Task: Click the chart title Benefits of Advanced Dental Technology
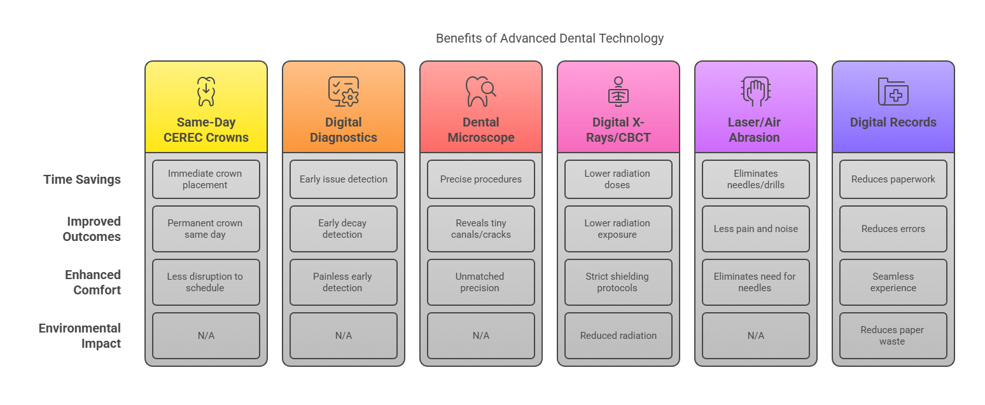(550, 38)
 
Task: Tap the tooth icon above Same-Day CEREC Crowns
(206, 92)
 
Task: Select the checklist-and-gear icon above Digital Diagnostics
(344, 92)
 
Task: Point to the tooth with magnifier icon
(480, 92)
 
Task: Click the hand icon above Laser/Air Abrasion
(755, 92)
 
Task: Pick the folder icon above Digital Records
(893, 92)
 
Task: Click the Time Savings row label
(82, 179)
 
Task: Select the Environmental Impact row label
(80, 336)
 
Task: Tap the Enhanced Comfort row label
(93, 282)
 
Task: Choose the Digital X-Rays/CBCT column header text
(618, 130)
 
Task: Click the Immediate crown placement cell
(206, 179)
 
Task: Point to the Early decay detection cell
(344, 229)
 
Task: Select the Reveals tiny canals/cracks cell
(481, 229)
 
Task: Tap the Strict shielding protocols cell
(618, 282)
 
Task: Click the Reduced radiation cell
(618, 336)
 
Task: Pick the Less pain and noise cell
(756, 229)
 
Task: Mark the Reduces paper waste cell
(893, 336)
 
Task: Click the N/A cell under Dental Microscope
(481, 336)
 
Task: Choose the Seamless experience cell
(893, 282)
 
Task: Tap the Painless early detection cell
(344, 282)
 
